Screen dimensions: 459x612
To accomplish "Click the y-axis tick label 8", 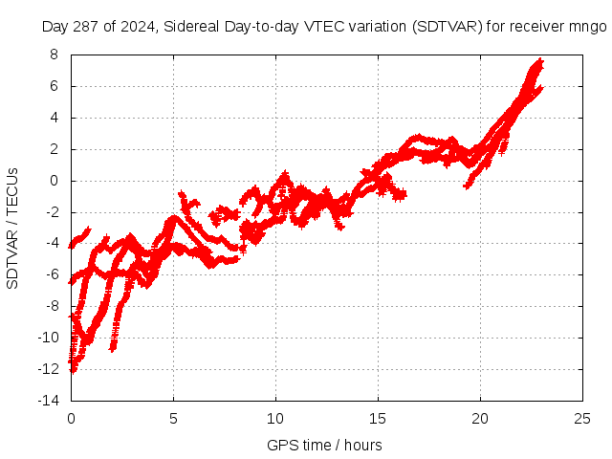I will pyautogui.click(x=55, y=55).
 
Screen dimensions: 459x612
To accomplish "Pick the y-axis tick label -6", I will pyautogui.click(x=52, y=274).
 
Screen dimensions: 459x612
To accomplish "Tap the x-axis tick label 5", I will pyautogui.click(x=173, y=418).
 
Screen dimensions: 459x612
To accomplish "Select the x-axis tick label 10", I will pyautogui.click(x=275, y=418).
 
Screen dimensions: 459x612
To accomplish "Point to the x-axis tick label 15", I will pyautogui.click(x=378, y=418).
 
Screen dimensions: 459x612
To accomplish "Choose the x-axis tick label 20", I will pyautogui.click(x=480, y=418).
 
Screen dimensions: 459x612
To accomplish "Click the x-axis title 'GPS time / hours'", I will pyautogui.click(x=324, y=445).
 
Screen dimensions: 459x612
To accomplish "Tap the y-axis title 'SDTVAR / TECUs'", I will pyautogui.click(x=13, y=228).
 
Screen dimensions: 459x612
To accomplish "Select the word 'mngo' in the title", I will pyautogui.click(x=588, y=27).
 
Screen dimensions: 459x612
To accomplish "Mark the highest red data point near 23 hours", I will pyautogui.click(x=540, y=61).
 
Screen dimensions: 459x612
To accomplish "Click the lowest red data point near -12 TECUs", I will pyautogui.click(x=73, y=370).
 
